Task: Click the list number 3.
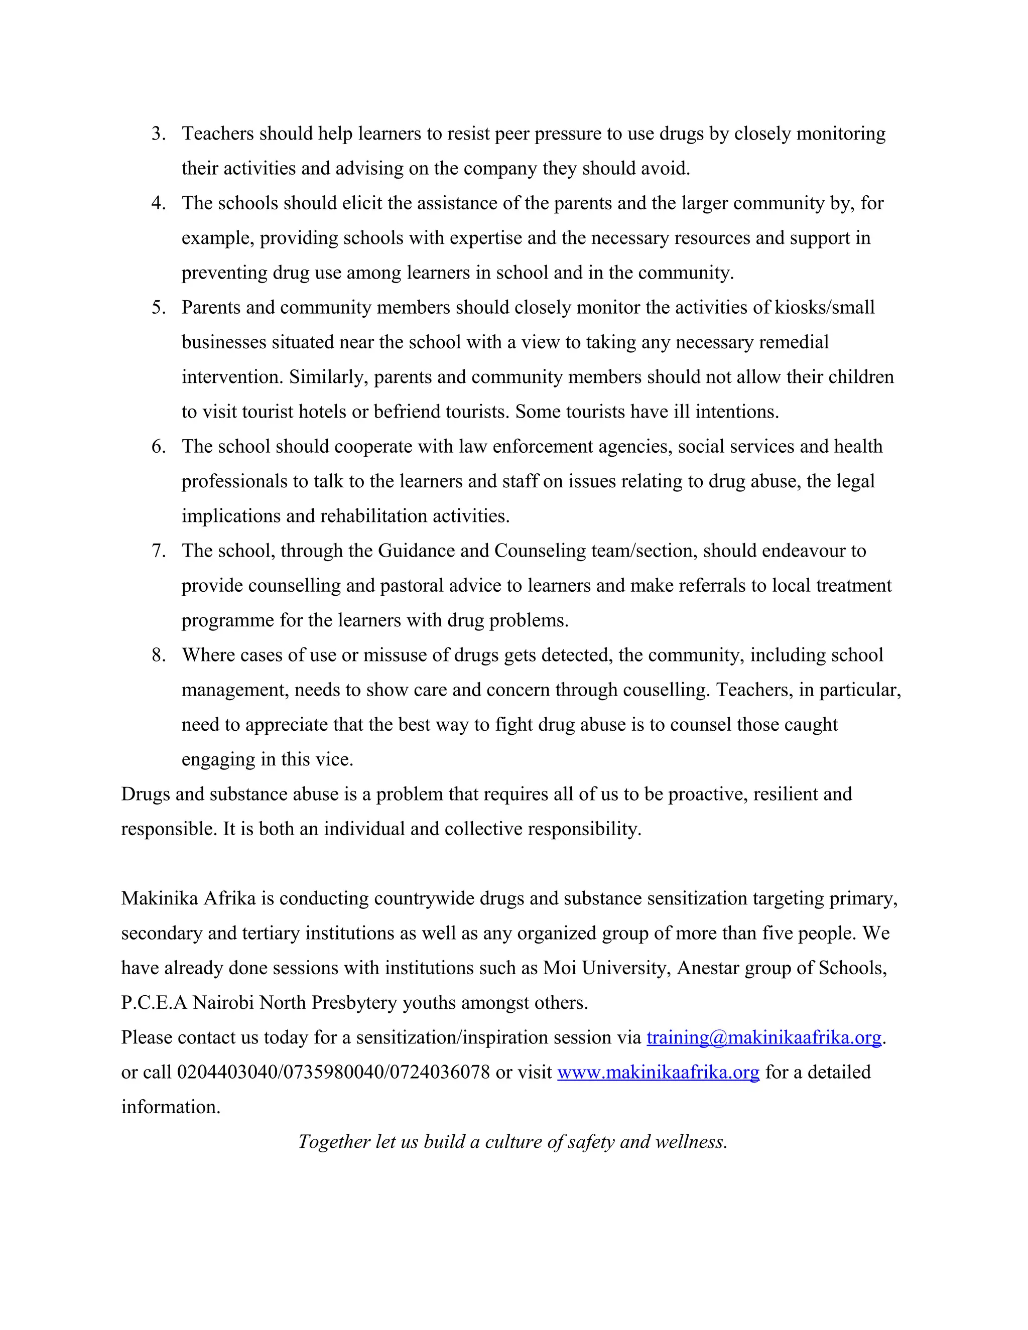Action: (158, 134)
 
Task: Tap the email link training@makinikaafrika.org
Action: (763, 1037)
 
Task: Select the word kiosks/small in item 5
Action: (825, 307)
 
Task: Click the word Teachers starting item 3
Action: (217, 134)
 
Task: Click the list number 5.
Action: (158, 307)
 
